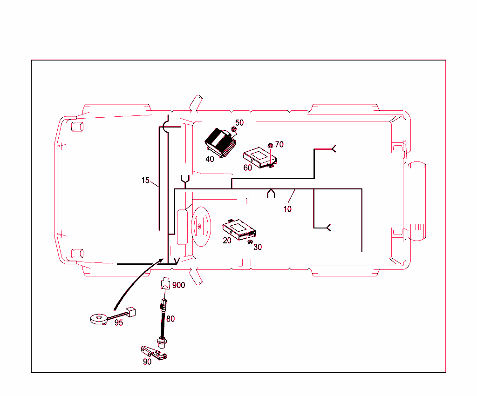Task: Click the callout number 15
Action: click(146, 180)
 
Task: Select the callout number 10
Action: click(287, 209)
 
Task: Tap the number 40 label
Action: click(210, 159)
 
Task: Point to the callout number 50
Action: click(239, 123)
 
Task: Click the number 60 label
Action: click(248, 167)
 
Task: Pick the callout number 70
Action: click(279, 145)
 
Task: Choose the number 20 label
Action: click(227, 240)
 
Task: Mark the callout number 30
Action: click(258, 247)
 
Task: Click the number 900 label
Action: click(179, 285)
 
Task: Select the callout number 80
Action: click(171, 319)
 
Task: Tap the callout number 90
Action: click(147, 362)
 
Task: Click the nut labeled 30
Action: click(250, 242)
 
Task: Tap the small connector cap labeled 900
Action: click(165, 285)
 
